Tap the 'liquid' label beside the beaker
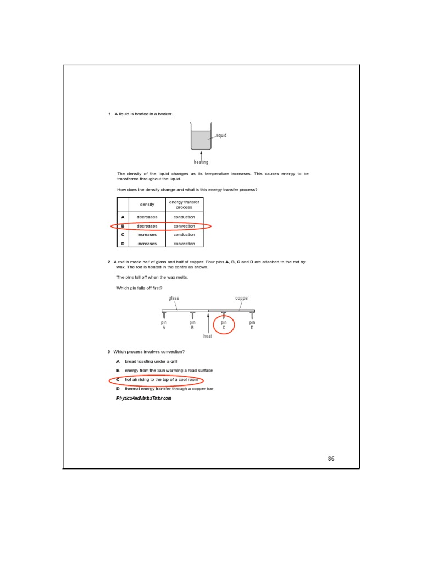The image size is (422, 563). coord(221,135)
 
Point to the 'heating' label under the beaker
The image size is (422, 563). coord(201,162)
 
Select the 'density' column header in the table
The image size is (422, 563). coord(147,205)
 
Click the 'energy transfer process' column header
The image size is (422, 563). coord(184,205)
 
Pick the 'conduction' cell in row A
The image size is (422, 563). coord(184,217)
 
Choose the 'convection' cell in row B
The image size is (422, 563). coord(184,226)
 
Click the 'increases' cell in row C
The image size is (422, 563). coord(147,235)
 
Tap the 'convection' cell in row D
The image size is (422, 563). coord(184,244)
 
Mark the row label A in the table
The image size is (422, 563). coord(123,217)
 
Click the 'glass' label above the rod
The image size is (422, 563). coord(174,298)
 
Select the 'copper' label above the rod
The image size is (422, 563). coord(242,298)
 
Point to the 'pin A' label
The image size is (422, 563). coord(164,325)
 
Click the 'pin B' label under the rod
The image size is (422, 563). coord(192,325)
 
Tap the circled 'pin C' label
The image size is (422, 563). coord(224,325)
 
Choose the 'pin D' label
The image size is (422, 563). coord(252,325)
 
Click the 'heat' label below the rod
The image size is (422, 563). coord(208,336)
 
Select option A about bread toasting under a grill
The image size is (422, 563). coord(151,362)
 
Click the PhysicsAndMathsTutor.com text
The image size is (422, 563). coord(144,398)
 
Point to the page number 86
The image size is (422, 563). coord(331,459)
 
